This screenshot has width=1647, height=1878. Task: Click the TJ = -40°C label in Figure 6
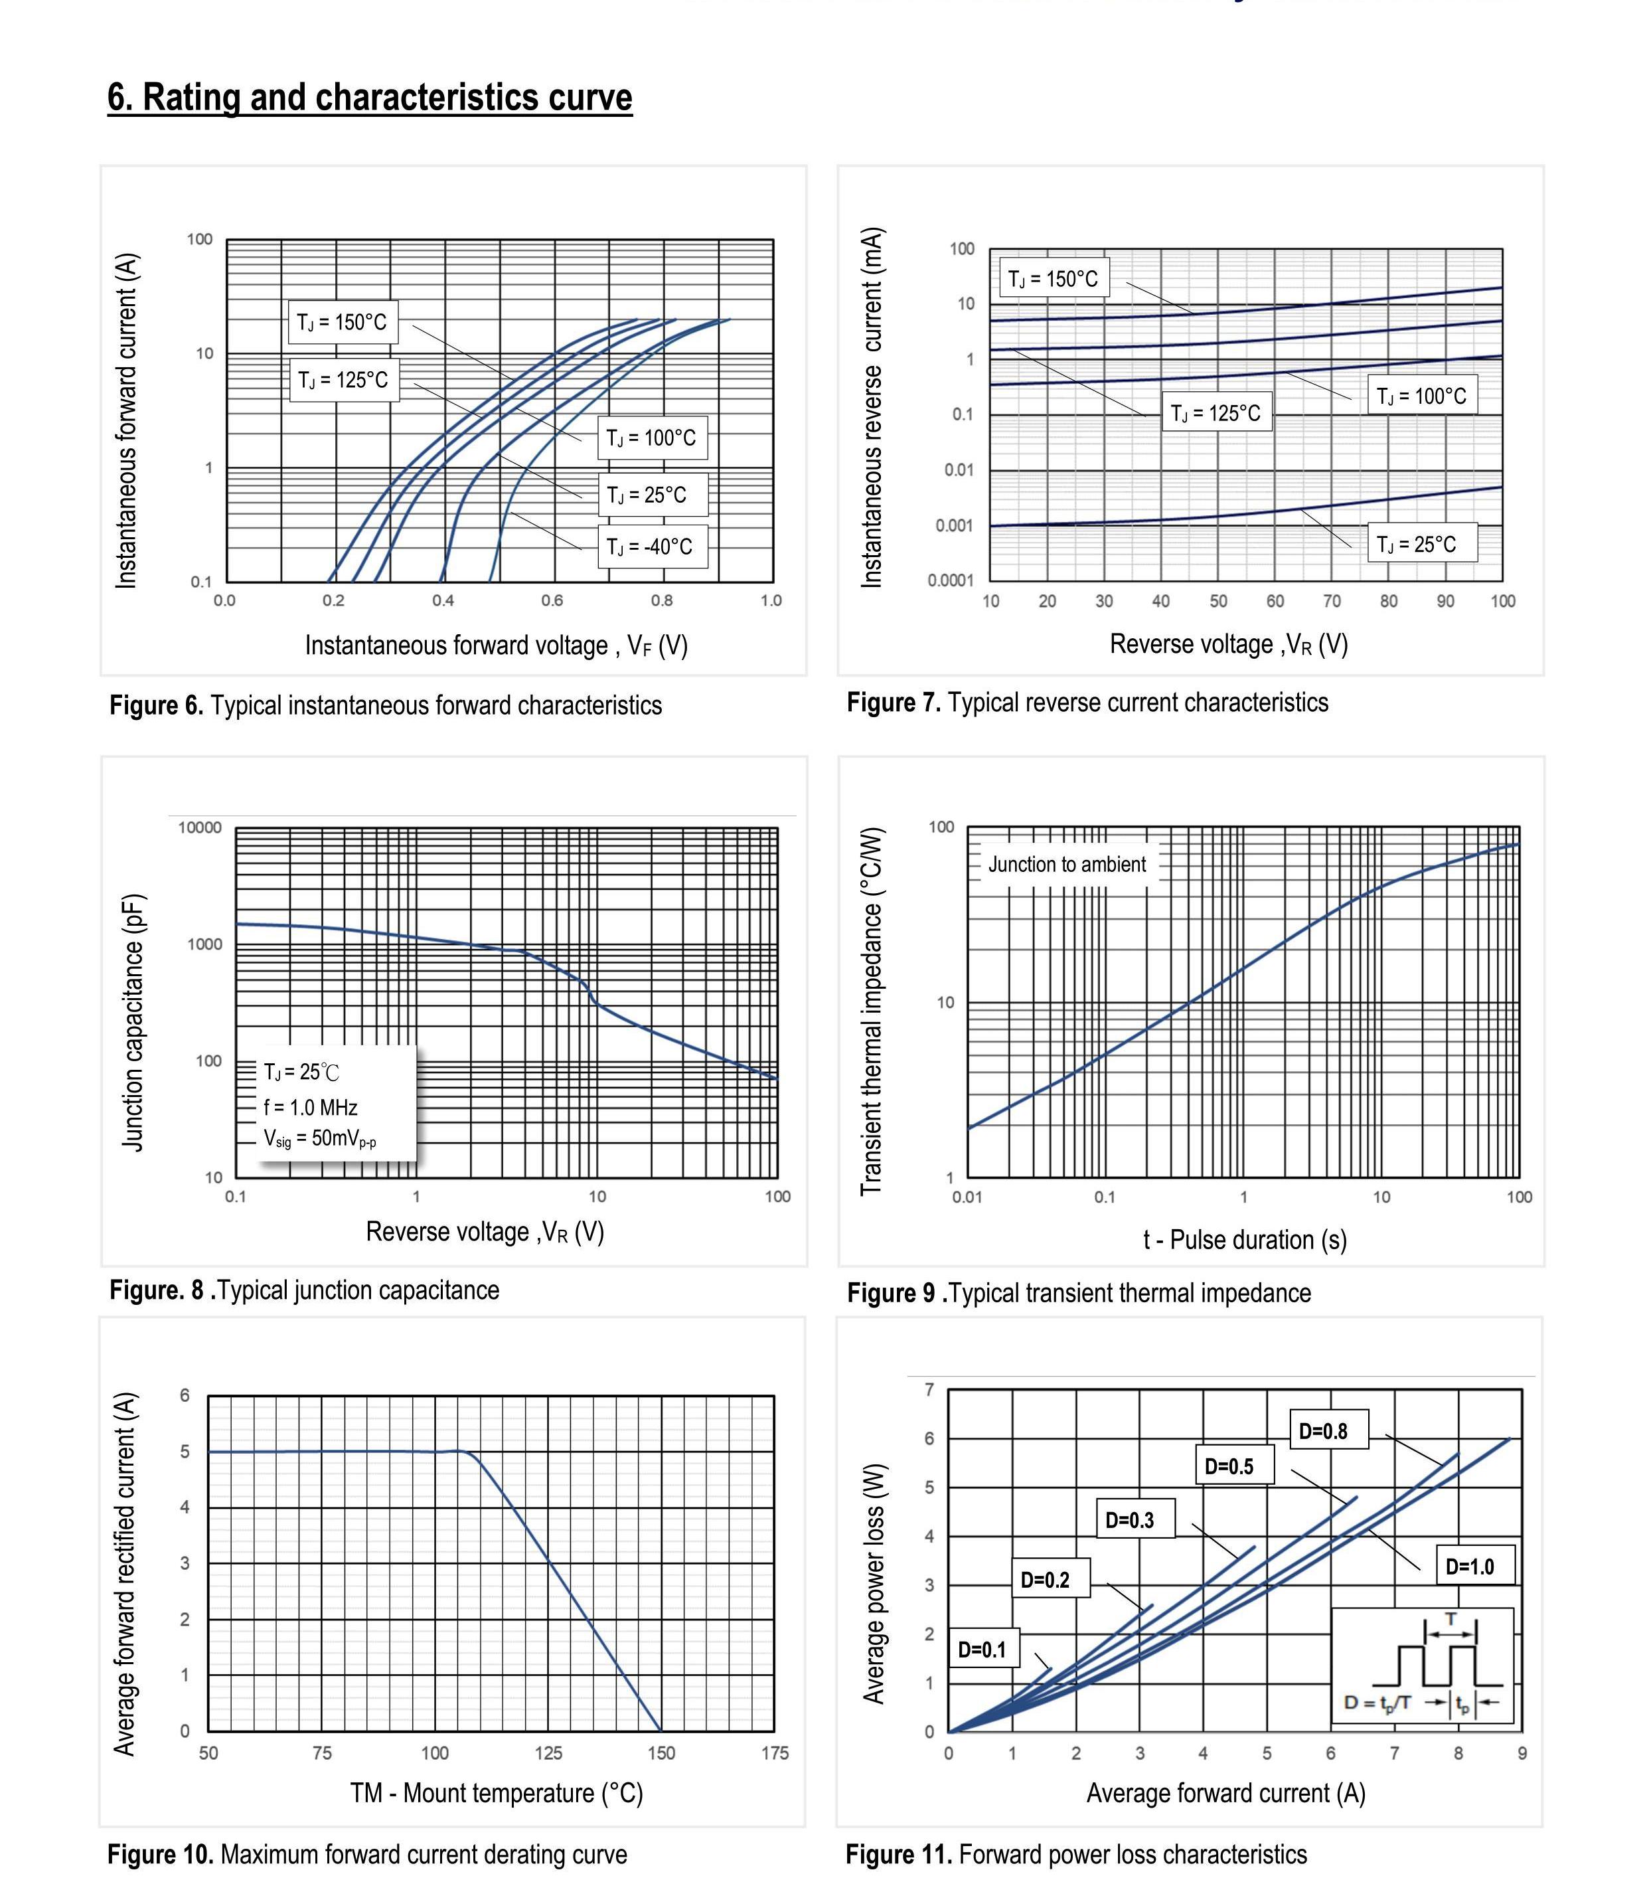pyautogui.click(x=651, y=547)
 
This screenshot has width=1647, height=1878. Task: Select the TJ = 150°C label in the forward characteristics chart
pyautogui.click(x=342, y=323)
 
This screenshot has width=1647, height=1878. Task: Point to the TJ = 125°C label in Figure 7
pyautogui.click(x=1216, y=414)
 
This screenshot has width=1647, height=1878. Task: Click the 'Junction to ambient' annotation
pyautogui.click(x=1066, y=865)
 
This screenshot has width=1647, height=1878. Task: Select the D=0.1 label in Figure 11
pyautogui.click(x=982, y=1649)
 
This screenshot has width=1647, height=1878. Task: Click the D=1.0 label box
pyautogui.click(x=1470, y=1567)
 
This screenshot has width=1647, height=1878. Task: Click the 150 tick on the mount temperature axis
pyautogui.click(x=661, y=1753)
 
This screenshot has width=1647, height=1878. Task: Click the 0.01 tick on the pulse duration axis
pyautogui.click(x=967, y=1197)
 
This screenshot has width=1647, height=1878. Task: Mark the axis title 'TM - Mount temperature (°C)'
pyautogui.click(x=496, y=1792)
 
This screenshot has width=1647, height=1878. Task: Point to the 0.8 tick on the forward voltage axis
pyautogui.click(x=661, y=601)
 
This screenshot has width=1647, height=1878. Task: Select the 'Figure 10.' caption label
pyautogui.click(x=160, y=1854)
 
